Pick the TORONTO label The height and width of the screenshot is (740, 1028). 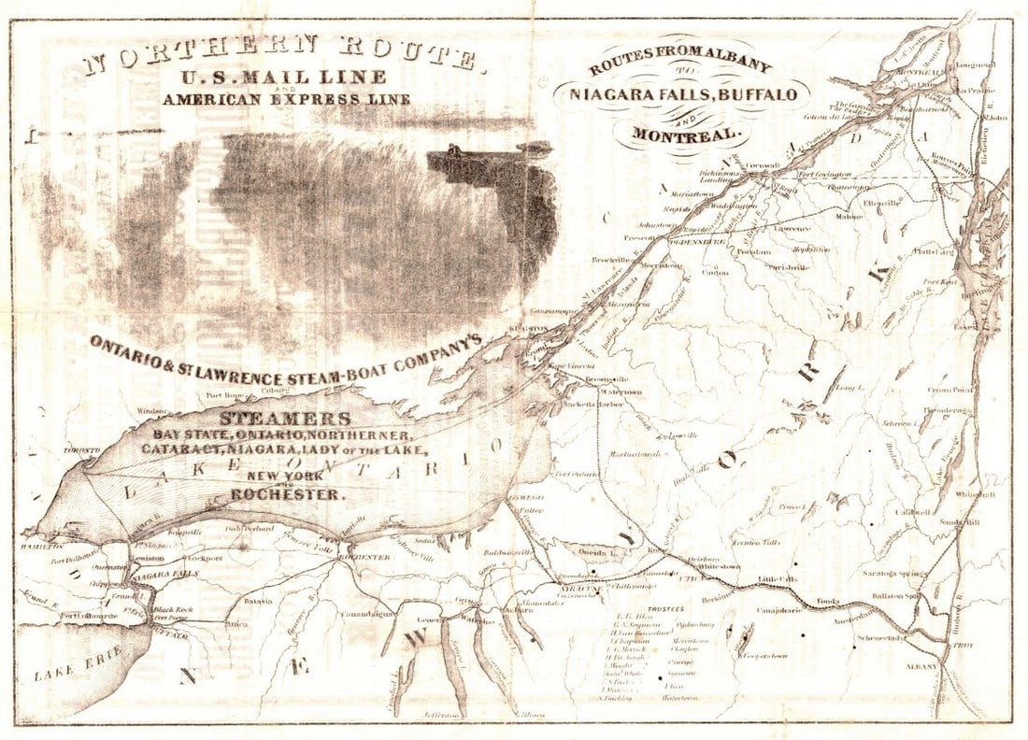click(x=80, y=451)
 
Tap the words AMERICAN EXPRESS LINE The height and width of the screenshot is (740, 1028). click(x=286, y=99)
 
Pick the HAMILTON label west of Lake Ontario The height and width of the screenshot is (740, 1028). click(x=44, y=545)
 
